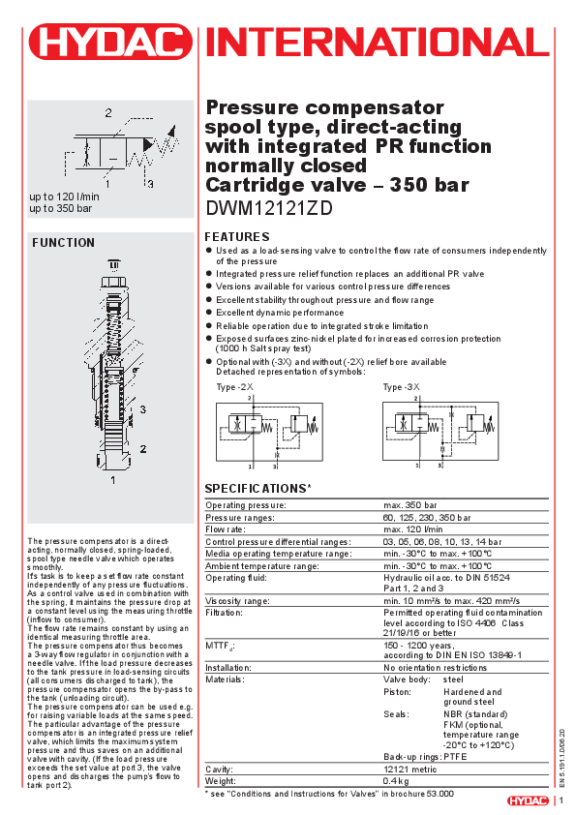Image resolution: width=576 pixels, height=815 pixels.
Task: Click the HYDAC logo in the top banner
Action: pos(110,42)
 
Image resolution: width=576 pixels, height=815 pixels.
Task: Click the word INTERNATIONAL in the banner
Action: pos(378,42)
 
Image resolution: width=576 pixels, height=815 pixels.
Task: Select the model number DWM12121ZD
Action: pos(269,208)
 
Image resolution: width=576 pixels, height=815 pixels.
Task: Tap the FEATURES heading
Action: pos(237,237)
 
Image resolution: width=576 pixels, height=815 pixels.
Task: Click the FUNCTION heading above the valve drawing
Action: pos(64,243)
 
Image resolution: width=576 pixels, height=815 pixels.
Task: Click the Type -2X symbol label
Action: pos(234,387)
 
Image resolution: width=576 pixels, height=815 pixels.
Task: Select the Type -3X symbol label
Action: pos(401,387)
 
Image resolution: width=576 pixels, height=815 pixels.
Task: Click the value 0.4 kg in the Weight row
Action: pos(396,781)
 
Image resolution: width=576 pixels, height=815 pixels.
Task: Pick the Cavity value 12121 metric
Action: pos(410,770)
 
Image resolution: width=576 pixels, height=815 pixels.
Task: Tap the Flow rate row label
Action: pos(226,529)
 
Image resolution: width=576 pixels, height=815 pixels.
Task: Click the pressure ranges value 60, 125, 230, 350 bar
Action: pos(427,518)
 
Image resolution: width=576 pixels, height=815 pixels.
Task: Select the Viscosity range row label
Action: pos(237,601)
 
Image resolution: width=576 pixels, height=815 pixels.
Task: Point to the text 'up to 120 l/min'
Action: pos(64,196)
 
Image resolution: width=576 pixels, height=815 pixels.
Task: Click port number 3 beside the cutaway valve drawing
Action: pos(142,409)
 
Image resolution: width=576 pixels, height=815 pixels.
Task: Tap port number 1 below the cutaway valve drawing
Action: pos(113,480)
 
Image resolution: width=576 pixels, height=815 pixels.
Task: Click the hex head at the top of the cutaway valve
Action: pos(114,285)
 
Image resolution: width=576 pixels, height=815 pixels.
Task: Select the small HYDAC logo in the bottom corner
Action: pos(528,800)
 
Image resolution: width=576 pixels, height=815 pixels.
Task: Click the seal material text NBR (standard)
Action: pos(475,714)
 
